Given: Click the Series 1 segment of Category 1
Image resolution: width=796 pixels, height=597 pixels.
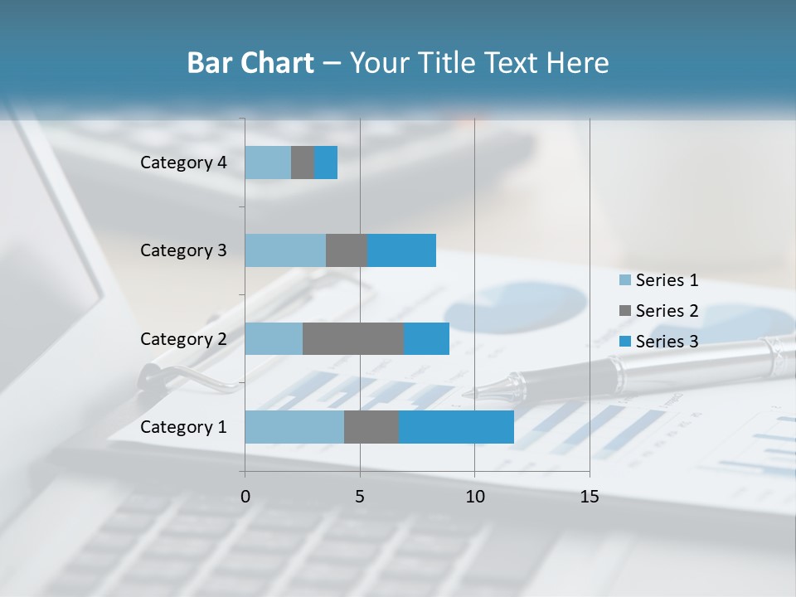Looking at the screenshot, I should (x=294, y=427).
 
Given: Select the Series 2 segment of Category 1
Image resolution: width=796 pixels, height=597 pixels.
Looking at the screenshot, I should (x=371, y=427).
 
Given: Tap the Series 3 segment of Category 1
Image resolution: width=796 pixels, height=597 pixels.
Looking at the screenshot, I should (x=456, y=427).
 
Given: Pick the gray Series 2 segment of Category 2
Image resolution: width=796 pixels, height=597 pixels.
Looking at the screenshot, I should (x=353, y=338).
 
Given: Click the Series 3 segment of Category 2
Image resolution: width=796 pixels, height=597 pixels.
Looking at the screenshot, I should (x=426, y=338).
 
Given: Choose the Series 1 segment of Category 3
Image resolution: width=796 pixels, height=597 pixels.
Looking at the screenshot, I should (x=285, y=250).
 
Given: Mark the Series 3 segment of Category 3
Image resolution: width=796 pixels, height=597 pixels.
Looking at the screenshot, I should (x=401, y=250).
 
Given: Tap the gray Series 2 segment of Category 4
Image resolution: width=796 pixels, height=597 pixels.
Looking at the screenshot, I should (x=303, y=163).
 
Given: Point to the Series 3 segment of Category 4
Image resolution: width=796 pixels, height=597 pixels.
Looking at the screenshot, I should (x=326, y=163).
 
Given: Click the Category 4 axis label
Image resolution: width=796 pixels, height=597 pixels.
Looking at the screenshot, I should (x=183, y=163).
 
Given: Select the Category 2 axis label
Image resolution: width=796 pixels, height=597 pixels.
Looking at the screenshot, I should (x=183, y=338).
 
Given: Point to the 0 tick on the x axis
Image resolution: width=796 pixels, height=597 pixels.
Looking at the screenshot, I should (x=245, y=497).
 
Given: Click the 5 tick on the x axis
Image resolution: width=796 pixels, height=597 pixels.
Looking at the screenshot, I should (x=360, y=497).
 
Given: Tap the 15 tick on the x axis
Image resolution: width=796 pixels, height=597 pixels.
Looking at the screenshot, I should (x=589, y=497).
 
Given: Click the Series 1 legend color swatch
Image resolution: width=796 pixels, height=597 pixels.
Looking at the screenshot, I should (x=624, y=280).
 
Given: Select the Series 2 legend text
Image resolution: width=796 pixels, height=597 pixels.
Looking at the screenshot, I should (x=667, y=311).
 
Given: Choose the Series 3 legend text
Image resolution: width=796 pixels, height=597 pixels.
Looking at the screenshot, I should (x=667, y=342).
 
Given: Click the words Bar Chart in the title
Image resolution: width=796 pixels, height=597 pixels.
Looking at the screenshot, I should (x=250, y=63).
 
